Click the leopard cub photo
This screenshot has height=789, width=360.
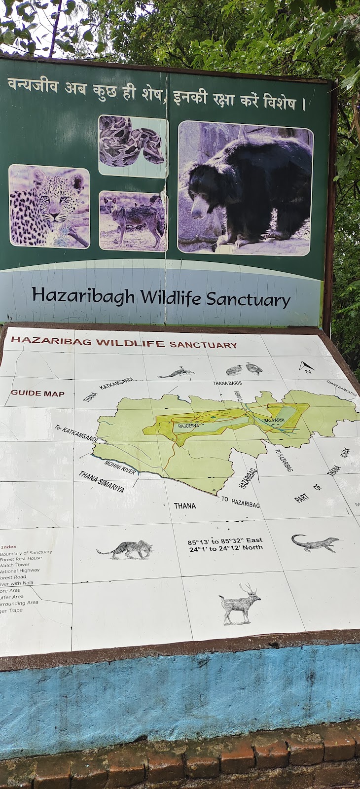coord(49,206)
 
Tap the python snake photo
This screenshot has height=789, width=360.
coord(133,145)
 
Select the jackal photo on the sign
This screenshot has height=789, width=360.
coord(133,221)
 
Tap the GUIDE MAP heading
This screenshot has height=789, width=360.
coord(37,393)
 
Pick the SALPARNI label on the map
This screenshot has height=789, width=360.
coord(274,420)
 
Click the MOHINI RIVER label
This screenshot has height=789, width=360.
coord(120,467)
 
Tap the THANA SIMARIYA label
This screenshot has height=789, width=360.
coord(101,482)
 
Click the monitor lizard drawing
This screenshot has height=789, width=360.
coord(315,542)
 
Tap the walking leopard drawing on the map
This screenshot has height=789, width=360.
coord(125,549)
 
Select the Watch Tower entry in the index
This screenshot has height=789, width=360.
coord(15,565)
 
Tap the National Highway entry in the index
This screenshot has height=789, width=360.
coord(20,571)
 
